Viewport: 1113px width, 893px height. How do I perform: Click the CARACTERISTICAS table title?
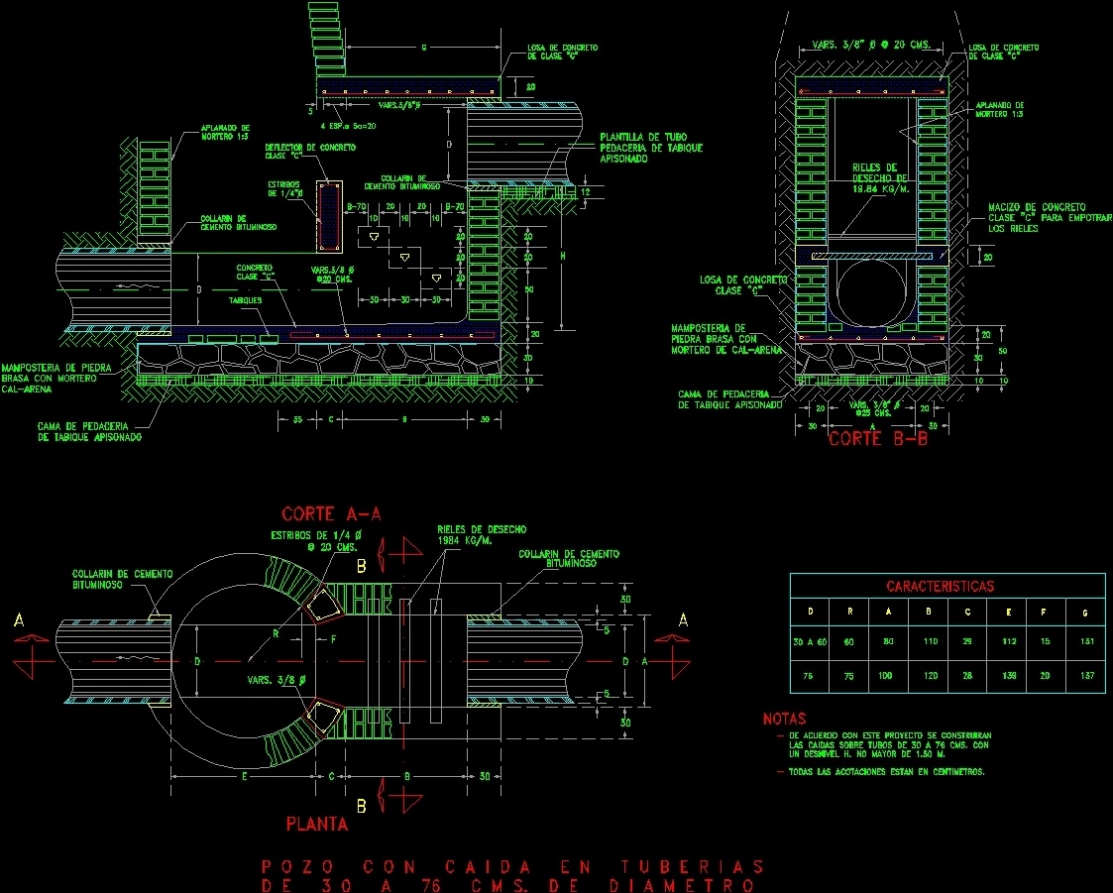coord(946,586)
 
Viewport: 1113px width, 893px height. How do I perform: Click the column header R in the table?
coord(849,613)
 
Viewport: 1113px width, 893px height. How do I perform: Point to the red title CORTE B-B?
coord(878,439)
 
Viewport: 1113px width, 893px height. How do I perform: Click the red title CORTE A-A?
coord(331,513)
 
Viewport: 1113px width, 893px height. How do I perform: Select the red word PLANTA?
coord(316,823)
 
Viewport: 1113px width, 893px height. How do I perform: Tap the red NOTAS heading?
coord(784,719)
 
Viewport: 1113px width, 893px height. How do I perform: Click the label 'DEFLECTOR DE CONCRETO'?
coord(309,148)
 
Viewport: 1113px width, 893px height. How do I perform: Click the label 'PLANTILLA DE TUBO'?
coord(643,137)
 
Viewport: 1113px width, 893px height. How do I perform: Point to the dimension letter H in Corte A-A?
coord(563,257)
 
